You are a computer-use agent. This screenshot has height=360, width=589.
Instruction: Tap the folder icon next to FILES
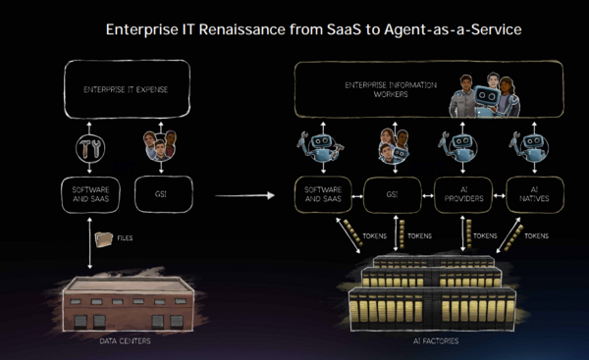point(103,238)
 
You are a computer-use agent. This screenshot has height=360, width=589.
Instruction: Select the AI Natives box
point(533,191)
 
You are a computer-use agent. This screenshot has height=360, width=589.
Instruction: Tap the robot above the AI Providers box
point(462,147)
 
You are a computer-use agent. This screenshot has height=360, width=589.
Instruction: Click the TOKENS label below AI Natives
point(538,236)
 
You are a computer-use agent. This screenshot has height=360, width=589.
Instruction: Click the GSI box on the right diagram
point(393,191)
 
